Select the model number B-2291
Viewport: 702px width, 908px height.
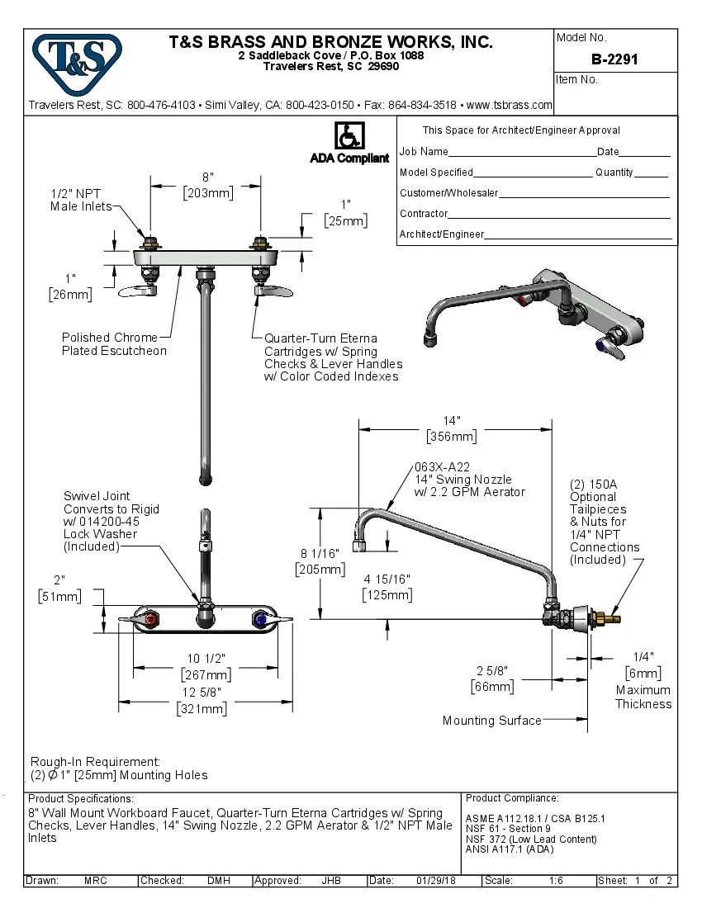(x=614, y=59)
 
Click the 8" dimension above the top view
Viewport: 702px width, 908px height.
(x=207, y=177)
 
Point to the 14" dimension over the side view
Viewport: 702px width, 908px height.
(x=451, y=420)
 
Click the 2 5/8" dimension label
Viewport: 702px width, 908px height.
(x=492, y=670)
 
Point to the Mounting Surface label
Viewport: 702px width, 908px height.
(x=491, y=721)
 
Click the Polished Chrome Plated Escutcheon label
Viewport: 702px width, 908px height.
(x=114, y=344)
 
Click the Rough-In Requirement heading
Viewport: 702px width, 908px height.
(x=95, y=761)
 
